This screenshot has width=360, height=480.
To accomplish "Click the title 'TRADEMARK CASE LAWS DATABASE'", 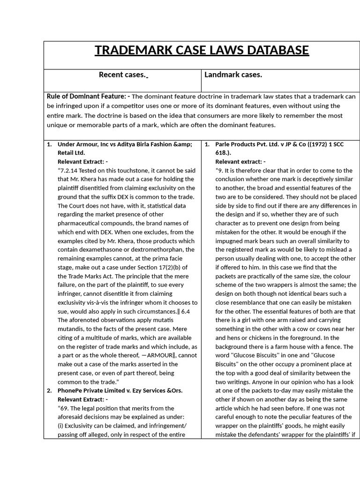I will [x=202, y=50].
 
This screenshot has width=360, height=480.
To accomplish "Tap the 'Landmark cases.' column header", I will [x=233, y=75].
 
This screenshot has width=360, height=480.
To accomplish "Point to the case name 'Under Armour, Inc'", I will [x=82, y=144].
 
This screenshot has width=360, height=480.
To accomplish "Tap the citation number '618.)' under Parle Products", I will [x=223, y=153].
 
